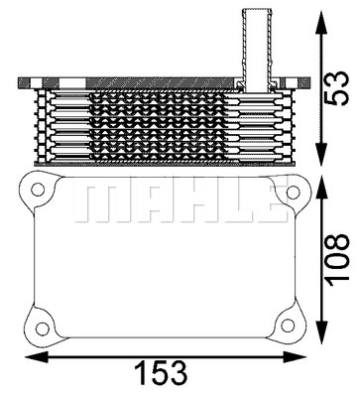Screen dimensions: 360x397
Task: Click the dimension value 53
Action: point(337,87)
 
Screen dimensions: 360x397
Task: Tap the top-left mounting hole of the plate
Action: point(38,190)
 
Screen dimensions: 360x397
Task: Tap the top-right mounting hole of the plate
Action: point(293,192)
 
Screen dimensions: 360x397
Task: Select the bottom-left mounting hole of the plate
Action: point(43,329)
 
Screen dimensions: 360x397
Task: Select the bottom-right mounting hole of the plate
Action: point(289,325)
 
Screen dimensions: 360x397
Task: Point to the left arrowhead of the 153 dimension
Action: point(37,356)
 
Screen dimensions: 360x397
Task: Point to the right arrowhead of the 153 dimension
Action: point(296,356)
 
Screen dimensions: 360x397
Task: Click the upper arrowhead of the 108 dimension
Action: point(322,190)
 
